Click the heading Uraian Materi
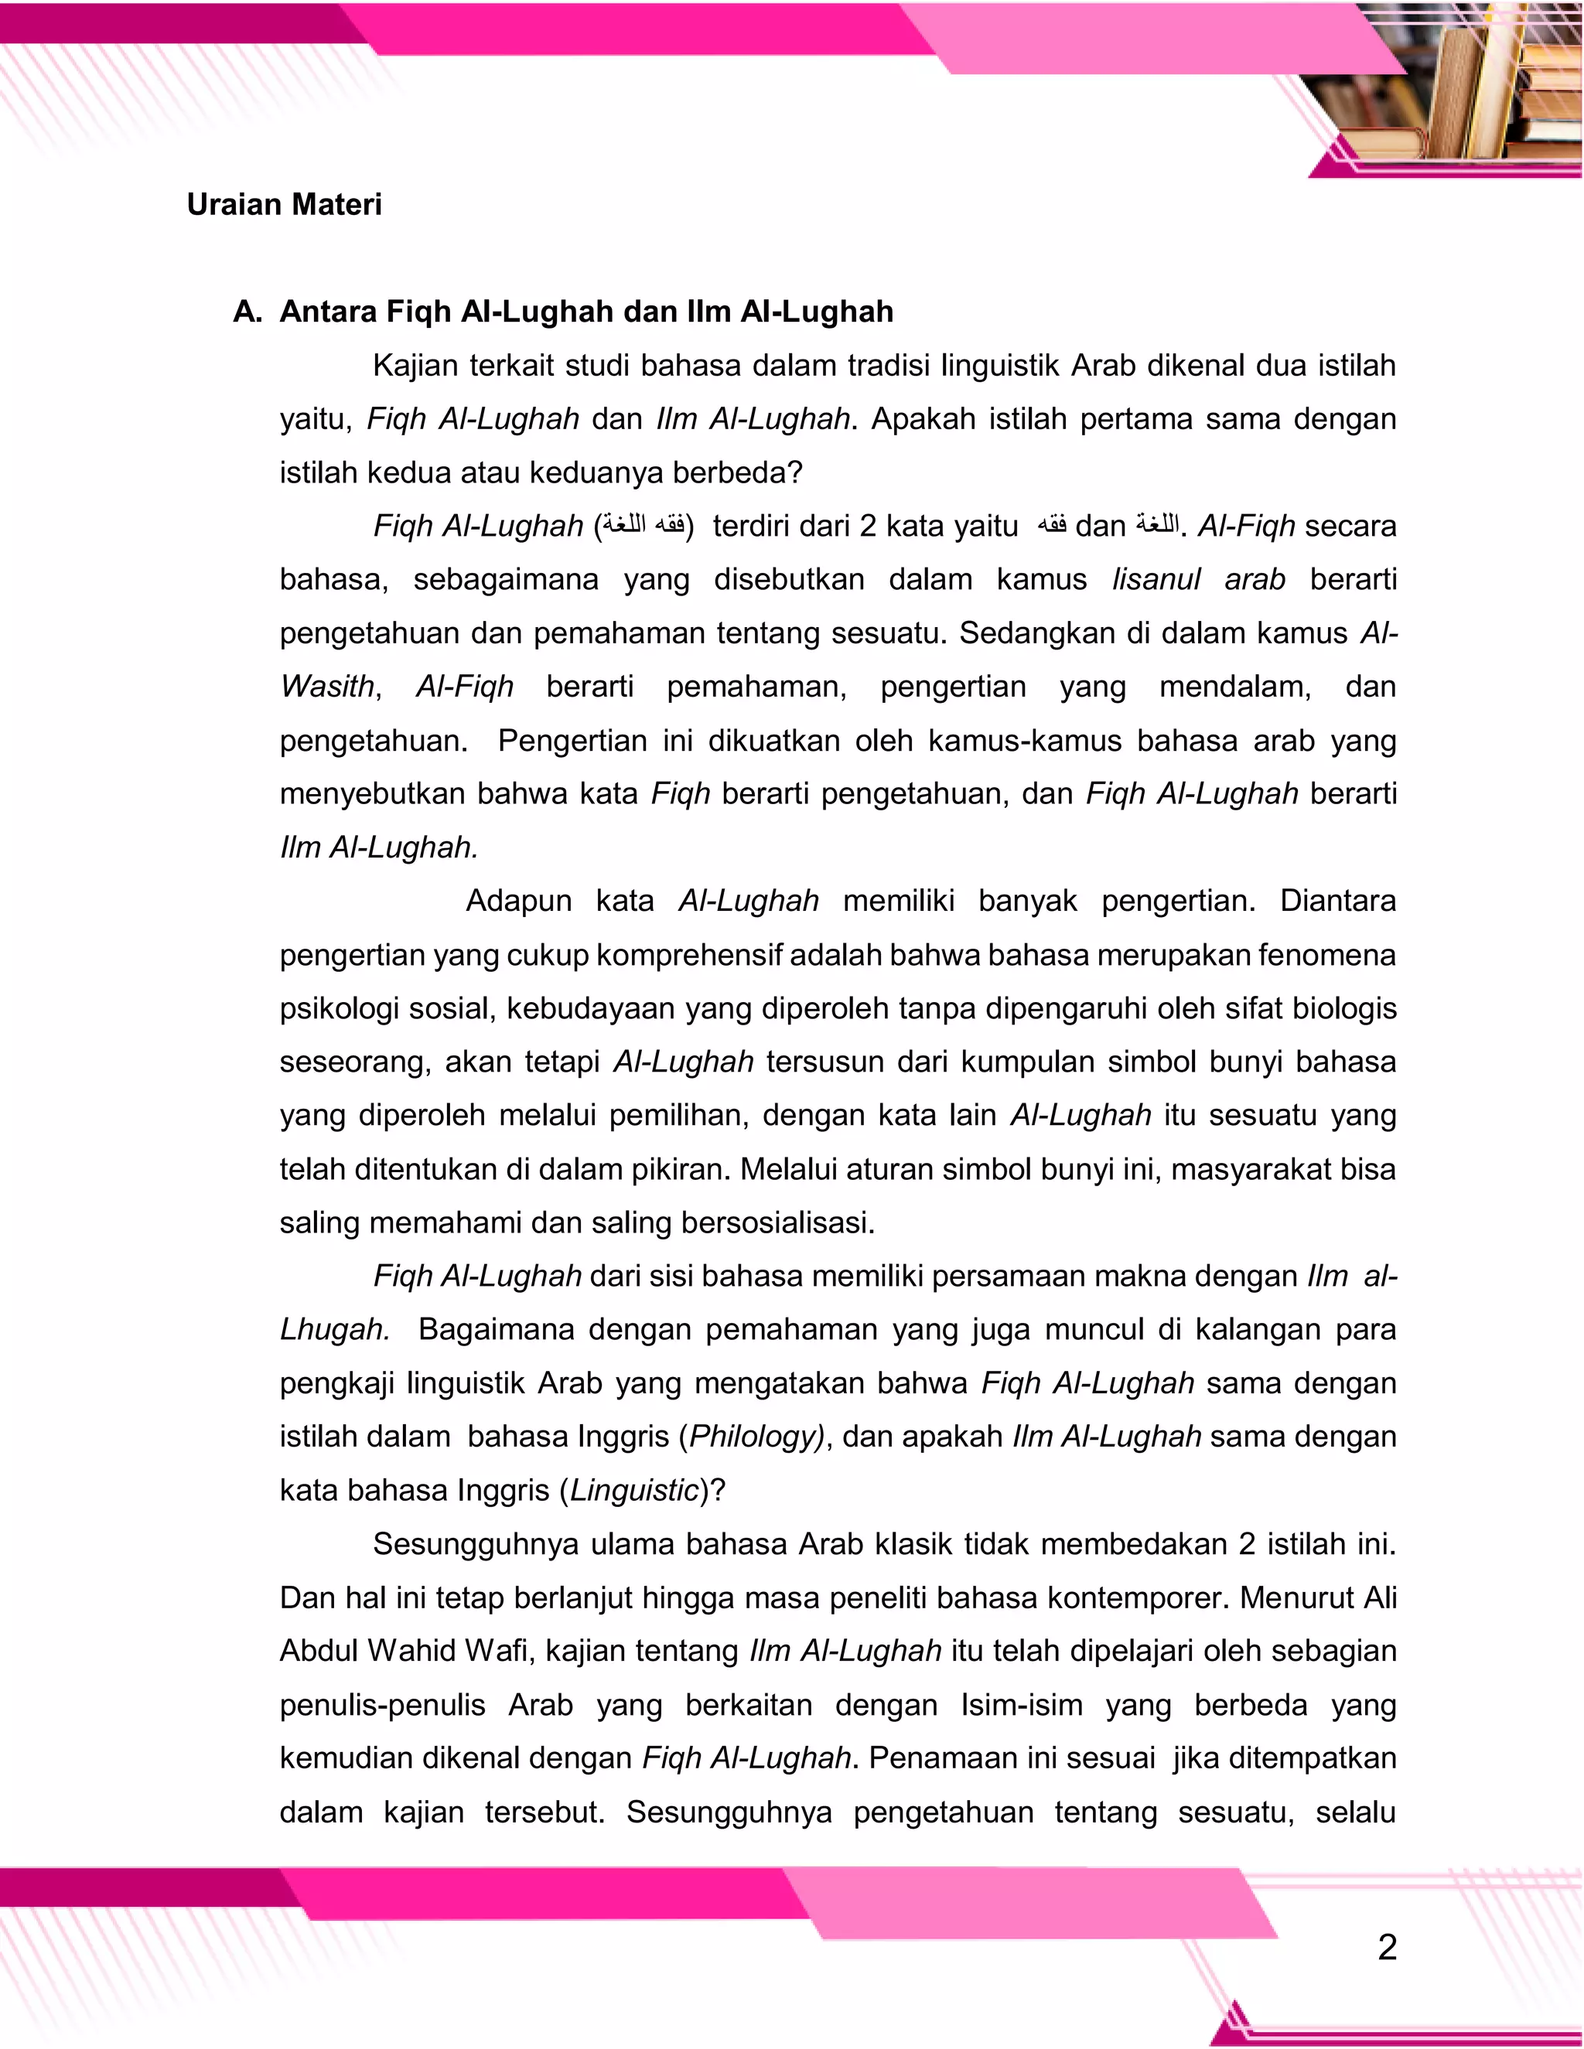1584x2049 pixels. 285,205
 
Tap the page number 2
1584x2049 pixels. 1387,1948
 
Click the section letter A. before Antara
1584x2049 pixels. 247,312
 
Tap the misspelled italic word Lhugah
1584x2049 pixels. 334,1329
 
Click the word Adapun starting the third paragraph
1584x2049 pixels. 518,901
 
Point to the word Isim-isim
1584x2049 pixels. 1021,1705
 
